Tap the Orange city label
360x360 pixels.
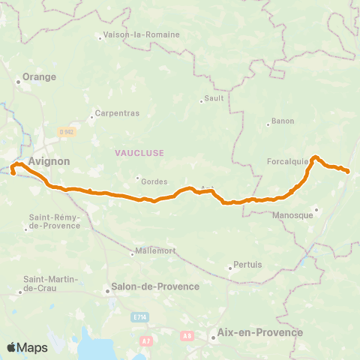pyautogui.click(x=39, y=76)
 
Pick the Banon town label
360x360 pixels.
pyautogui.click(x=283, y=121)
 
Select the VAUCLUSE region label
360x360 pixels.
pyautogui.click(x=139, y=152)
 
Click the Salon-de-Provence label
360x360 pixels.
pyautogui.click(x=154, y=286)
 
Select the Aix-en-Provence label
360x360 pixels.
pyautogui.click(x=259, y=332)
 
